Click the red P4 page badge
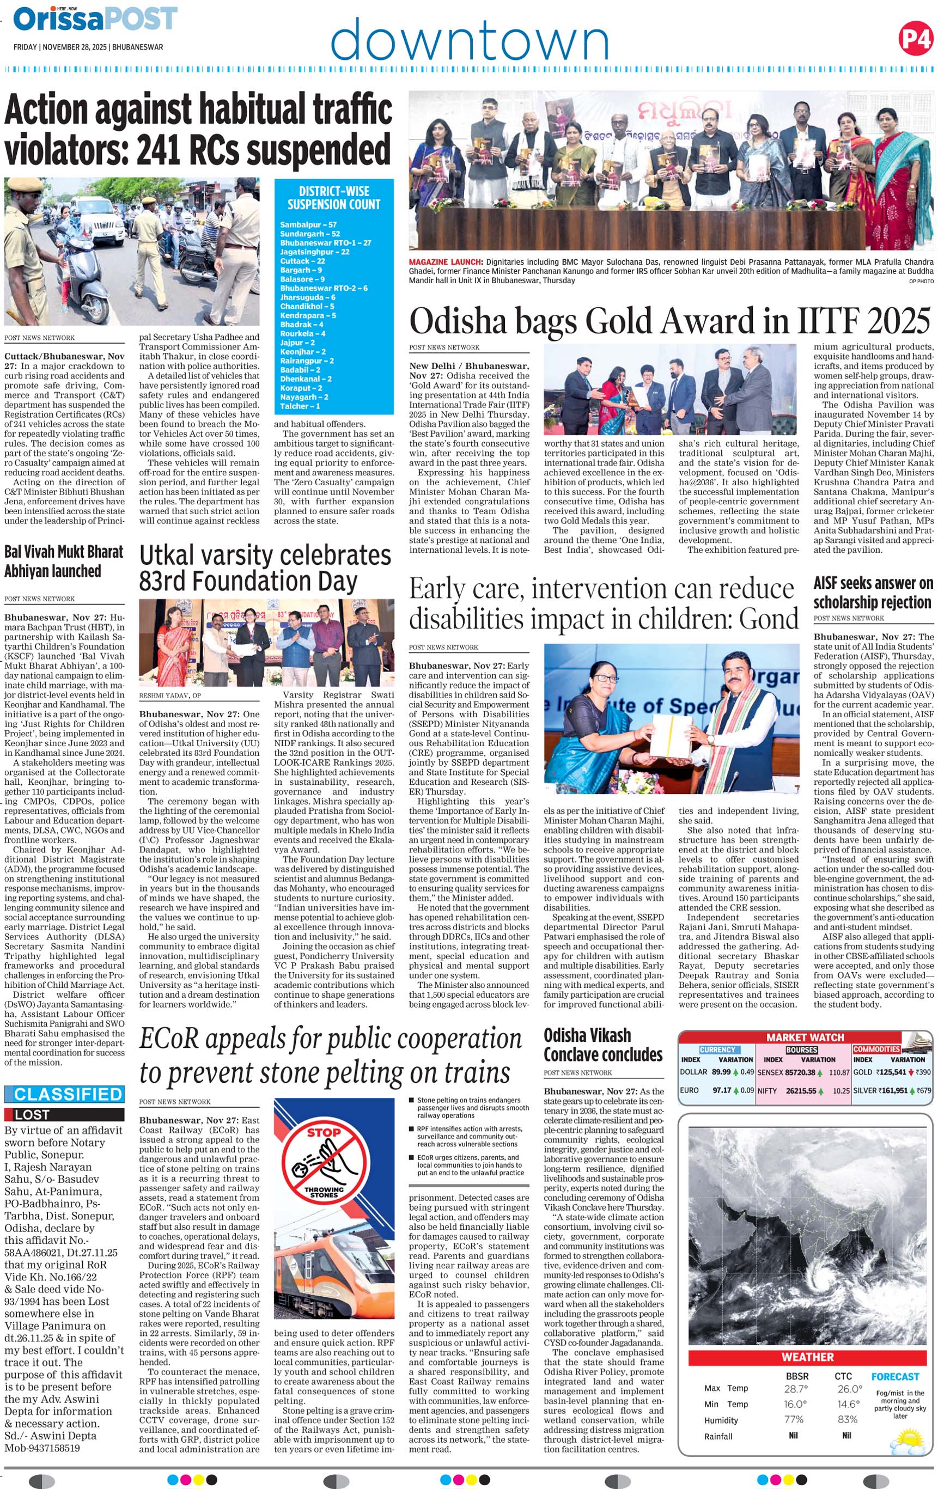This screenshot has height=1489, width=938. point(915,38)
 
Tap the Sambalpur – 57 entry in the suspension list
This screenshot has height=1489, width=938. point(308,225)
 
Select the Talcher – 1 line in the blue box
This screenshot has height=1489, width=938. point(300,406)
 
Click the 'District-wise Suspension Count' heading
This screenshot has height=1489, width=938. point(334,198)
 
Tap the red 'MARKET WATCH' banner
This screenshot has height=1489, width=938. point(805,1037)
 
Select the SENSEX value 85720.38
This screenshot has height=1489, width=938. point(800,1072)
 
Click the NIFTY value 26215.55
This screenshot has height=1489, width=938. point(801,1091)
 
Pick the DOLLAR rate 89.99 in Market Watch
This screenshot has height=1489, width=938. point(721,1072)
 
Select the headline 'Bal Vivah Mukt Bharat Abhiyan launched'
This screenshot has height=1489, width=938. point(64,561)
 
